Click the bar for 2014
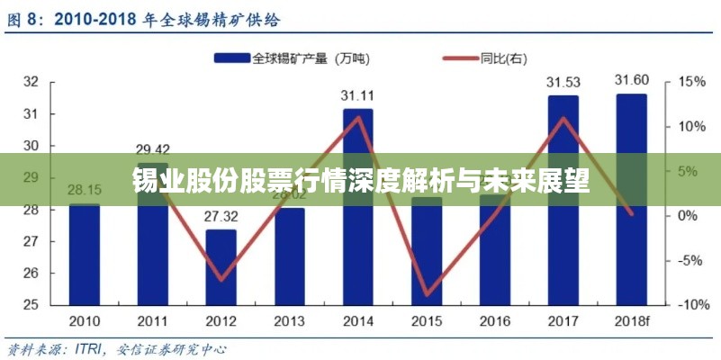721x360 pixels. tap(357, 216)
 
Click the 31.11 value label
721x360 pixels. tap(357, 95)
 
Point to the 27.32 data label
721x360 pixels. tap(221, 217)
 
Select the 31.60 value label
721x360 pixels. tap(631, 81)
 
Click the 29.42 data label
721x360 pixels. tap(153, 149)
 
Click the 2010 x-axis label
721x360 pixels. tap(85, 320)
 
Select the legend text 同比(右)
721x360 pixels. tap(505, 58)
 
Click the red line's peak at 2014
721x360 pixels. tap(357, 118)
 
